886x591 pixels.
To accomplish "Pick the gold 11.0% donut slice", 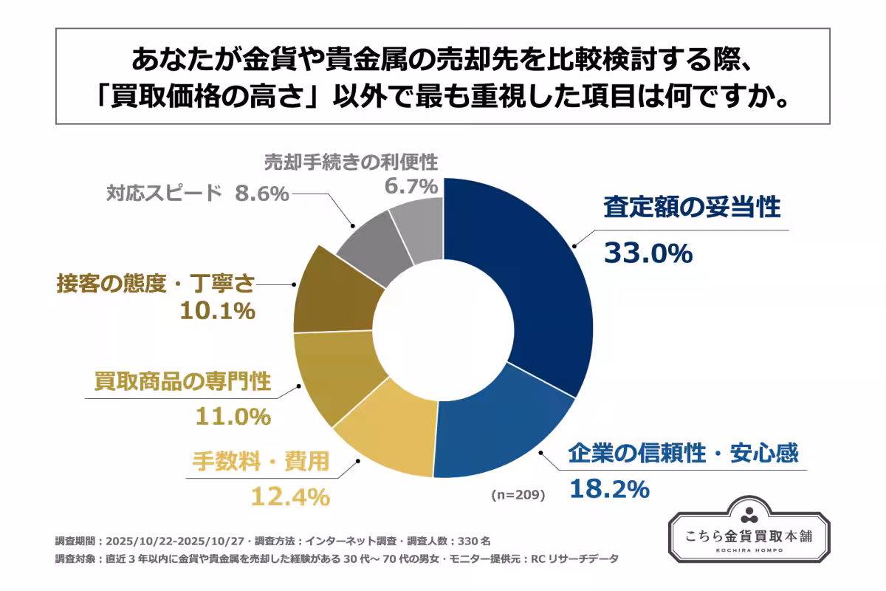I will tap(336, 377).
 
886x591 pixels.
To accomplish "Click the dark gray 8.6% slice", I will tap(373, 240).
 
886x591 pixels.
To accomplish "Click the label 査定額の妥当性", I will tap(691, 208).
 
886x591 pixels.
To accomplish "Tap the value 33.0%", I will tap(648, 253).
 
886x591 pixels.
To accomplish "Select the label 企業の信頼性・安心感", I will tap(683, 452).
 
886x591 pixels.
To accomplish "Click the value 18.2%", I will tap(608, 488).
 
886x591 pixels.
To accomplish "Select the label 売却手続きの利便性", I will tap(351, 161).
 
